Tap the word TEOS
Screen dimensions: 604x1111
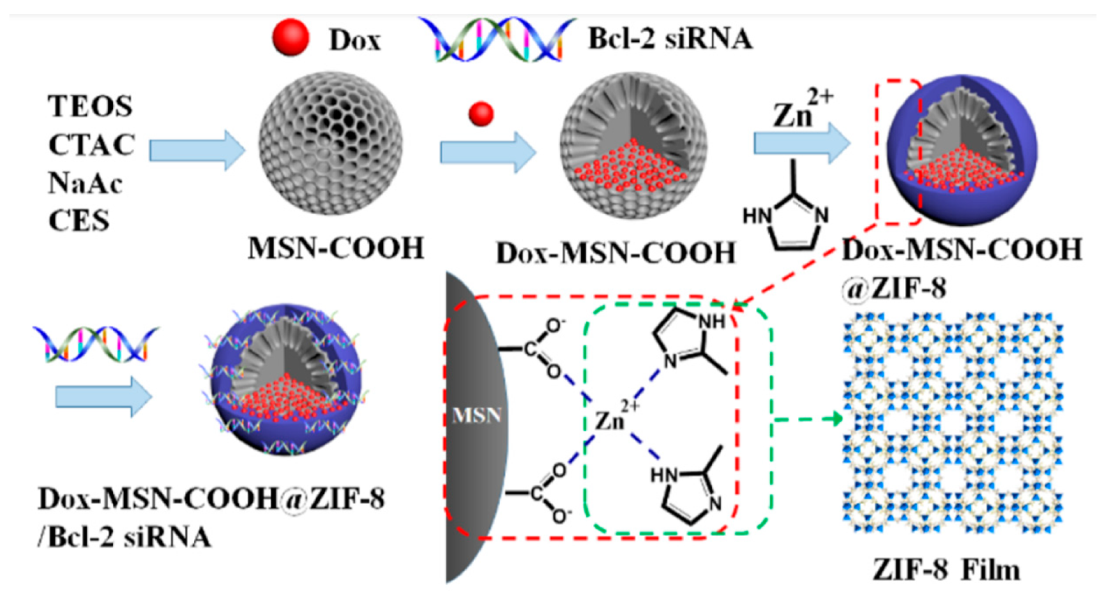point(90,106)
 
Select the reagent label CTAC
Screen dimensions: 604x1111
point(91,145)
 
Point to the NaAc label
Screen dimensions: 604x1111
point(85,183)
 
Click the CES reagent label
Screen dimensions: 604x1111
point(79,221)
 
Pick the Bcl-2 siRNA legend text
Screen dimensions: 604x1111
point(670,39)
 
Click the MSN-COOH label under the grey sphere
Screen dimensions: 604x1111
point(336,248)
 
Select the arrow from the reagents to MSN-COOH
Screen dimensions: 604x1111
point(197,150)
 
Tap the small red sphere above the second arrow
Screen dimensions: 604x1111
point(481,114)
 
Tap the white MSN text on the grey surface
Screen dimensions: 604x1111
point(476,416)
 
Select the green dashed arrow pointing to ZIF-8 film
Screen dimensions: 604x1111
point(808,419)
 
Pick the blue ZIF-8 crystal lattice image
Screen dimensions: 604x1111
point(951,423)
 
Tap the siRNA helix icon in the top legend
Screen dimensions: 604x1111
point(497,39)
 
